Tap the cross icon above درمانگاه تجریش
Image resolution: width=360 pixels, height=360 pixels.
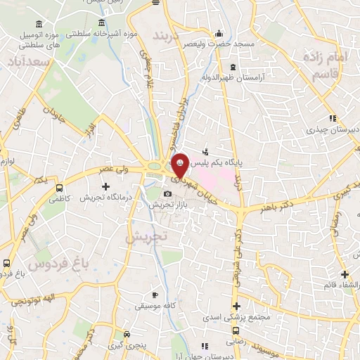point(105,187)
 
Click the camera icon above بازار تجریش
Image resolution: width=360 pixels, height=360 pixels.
point(167,194)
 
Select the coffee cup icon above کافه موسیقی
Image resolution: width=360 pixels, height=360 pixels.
point(155,295)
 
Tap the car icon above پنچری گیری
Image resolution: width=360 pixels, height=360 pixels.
point(127,335)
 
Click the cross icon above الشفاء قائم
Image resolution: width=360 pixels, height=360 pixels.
point(345,274)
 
